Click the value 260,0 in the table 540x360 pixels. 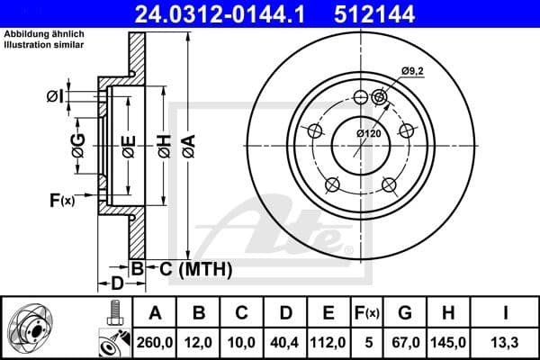coord(155,342)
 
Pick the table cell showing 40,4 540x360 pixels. coord(286,342)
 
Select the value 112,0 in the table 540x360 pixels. coord(330,342)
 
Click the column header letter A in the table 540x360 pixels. coord(155,313)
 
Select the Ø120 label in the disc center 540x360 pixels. coord(368,133)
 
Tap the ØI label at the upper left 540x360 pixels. coord(55,95)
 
